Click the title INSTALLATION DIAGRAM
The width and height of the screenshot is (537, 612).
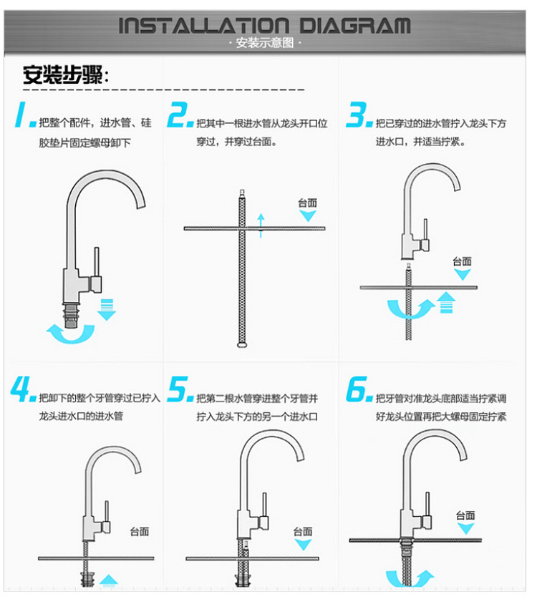pyautogui.click(x=264, y=26)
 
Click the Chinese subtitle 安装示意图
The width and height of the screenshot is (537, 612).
pyautogui.click(x=264, y=44)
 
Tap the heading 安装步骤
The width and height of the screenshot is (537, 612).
pyautogui.click(x=64, y=75)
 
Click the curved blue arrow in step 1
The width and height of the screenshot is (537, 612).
pyautogui.click(x=70, y=333)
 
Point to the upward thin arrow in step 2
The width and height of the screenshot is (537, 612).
pyautogui.click(x=261, y=224)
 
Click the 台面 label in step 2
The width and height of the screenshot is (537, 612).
pyautogui.click(x=307, y=203)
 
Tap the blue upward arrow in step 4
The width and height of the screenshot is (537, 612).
pyautogui.click(x=108, y=581)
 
